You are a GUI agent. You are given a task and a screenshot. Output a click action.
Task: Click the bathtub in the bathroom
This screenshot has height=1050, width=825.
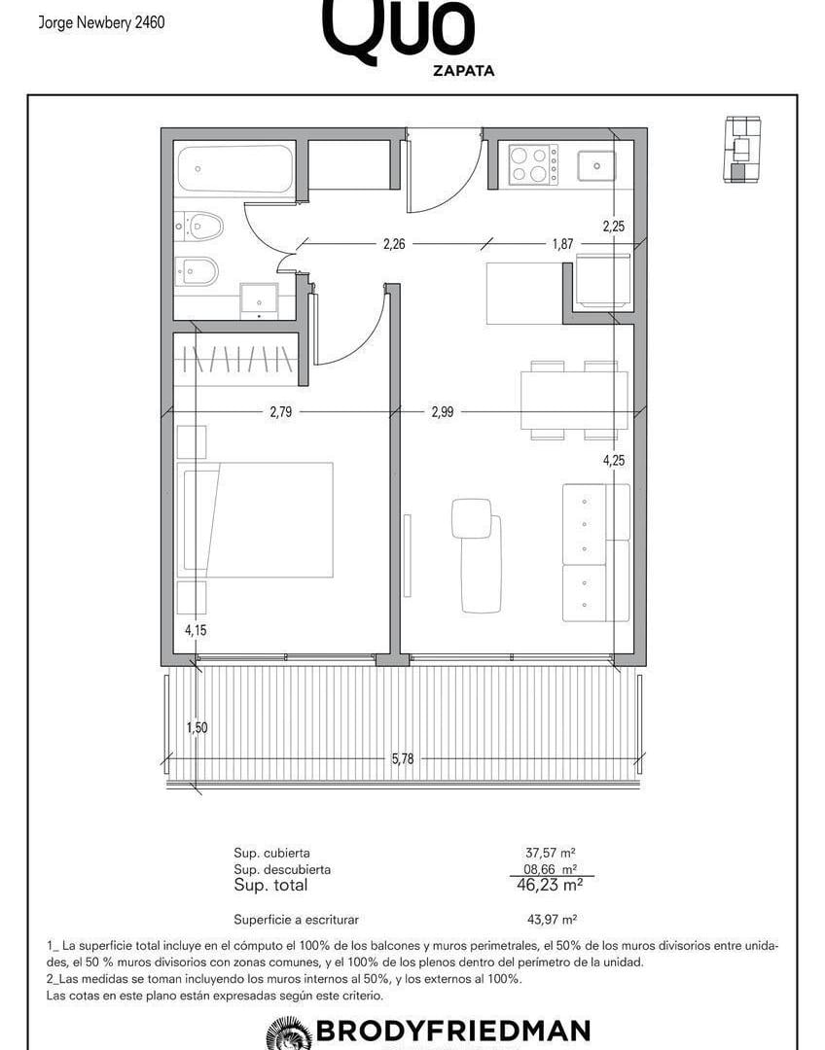tap(235, 169)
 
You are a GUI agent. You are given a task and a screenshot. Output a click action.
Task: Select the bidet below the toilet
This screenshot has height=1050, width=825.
tap(197, 271)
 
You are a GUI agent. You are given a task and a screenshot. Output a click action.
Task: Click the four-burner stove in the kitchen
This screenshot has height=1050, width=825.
tap(533, 164)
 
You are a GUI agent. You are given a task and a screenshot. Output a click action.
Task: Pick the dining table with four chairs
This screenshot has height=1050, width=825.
tap(574, 401)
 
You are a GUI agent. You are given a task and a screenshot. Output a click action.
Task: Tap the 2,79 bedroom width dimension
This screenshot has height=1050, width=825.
tap(281, 412)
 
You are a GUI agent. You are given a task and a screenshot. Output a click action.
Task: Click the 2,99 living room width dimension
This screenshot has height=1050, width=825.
tap(443, 412)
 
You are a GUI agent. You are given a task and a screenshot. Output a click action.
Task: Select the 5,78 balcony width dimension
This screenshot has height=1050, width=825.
tap(403, 758)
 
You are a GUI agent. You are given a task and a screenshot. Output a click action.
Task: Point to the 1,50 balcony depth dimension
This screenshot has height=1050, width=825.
tap(197, 728)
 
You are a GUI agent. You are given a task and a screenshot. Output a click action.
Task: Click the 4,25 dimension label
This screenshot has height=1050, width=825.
tap(614, 460)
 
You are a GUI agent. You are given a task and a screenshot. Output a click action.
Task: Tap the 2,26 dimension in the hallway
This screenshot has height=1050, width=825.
tap(394, 244)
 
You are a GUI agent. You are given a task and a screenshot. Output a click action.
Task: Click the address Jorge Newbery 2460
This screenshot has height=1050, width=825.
tap(101, 22)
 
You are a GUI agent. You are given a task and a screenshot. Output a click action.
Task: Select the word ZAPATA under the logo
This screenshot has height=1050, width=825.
tap(464, 70)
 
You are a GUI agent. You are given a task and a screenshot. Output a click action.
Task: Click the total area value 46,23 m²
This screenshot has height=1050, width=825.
tap(550, 885)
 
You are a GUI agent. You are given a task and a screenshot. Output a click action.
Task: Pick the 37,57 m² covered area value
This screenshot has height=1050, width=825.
tap(551, 854)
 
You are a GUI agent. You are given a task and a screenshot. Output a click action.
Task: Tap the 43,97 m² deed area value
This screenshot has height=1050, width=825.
tap(553, 920)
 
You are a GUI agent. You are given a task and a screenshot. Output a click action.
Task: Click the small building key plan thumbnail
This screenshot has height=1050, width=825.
tap(742, 150)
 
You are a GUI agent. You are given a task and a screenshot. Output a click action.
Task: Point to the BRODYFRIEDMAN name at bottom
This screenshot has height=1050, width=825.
tap(453, 1030)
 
